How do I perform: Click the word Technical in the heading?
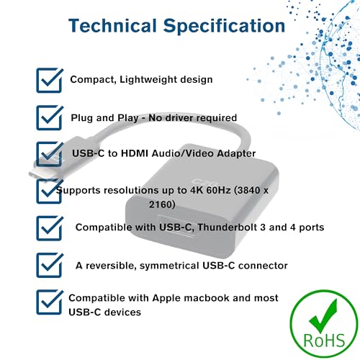click(x=112, y=25)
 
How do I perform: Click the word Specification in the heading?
click(x=224, y=27)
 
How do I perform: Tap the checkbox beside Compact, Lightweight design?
click(x=50, y=80)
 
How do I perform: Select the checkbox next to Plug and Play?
click(x=50, y=117)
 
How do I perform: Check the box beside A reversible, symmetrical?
click(x=50, y=265)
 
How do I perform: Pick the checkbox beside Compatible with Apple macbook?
click(x=50, y=302)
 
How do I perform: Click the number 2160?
click(x=162, y=204)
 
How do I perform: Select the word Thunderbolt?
click(x=228, y=227)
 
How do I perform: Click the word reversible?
click(x=111, y=266)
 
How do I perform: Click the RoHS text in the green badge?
click(x=324, y=340)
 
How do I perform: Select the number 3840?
click(x=248, y=190)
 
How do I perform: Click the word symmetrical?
click(x=170, y=266)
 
